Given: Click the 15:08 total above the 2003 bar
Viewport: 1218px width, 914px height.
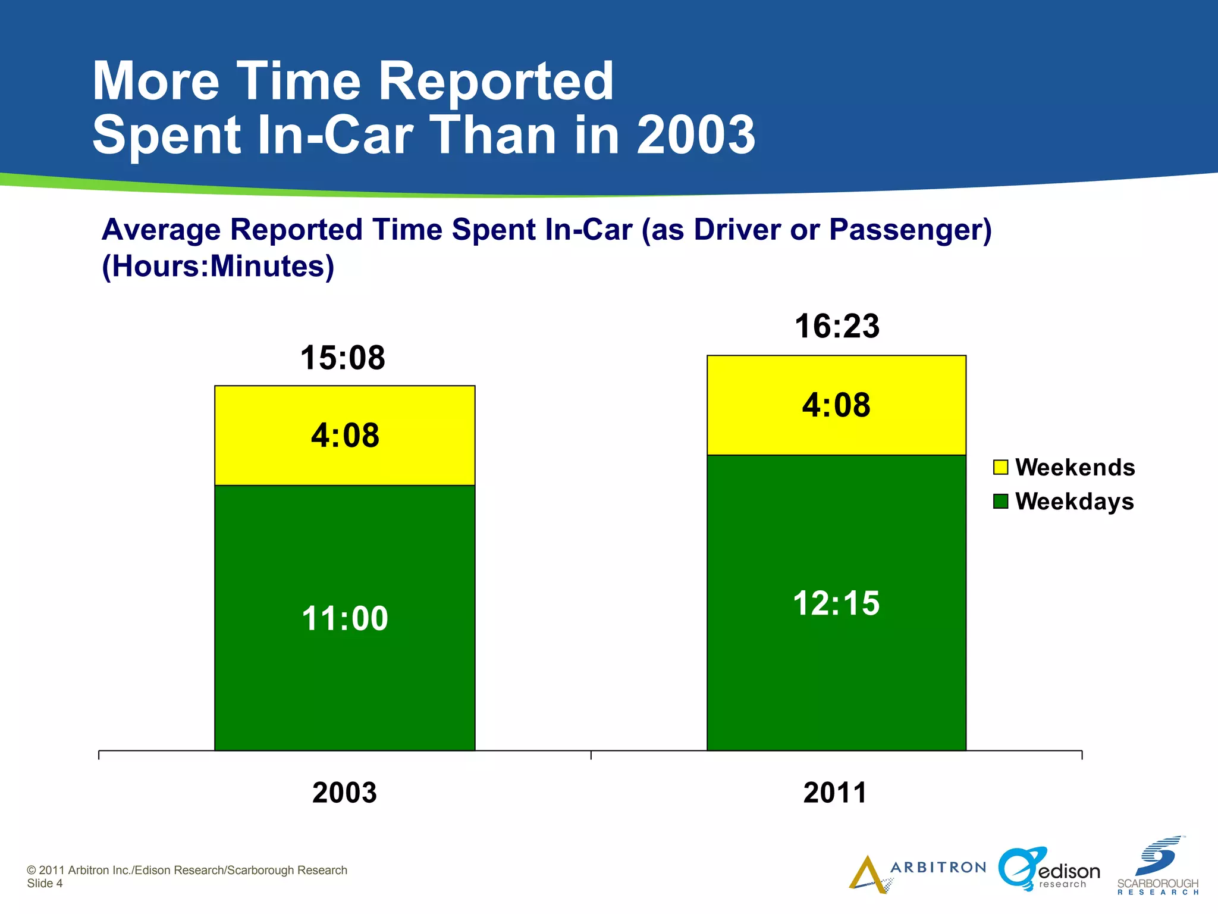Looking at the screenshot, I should (343, 358).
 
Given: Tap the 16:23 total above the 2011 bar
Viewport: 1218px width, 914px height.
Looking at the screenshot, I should (837, 327).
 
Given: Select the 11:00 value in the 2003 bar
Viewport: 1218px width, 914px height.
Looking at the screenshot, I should (345, 618).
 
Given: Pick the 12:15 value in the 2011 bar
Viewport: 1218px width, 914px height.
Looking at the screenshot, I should (836, 603).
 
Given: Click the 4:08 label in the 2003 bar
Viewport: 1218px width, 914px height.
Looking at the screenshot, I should (345, 436).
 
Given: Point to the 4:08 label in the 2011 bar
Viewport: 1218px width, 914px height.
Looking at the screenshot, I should (836, 405).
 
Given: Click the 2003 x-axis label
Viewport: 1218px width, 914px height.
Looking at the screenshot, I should (344, 793).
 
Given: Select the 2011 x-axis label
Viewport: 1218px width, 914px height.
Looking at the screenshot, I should (835, 793).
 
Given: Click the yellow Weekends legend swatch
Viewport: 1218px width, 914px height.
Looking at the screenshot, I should (1000, 467).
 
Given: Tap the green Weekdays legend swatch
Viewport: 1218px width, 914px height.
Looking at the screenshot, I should (1000, 502).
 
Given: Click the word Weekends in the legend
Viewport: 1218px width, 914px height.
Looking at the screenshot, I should (1075, 468).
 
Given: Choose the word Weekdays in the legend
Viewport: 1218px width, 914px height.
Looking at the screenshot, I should (1075, 502).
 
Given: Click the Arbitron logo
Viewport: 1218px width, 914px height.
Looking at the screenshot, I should (916, 872).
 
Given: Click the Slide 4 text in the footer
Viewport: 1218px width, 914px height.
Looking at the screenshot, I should (45, 884).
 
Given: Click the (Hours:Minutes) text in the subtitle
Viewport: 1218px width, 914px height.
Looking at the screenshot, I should (218, 266).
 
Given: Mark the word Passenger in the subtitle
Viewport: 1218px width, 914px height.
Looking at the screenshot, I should (904, 230).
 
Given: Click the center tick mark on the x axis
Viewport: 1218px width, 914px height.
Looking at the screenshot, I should (591, 755).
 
